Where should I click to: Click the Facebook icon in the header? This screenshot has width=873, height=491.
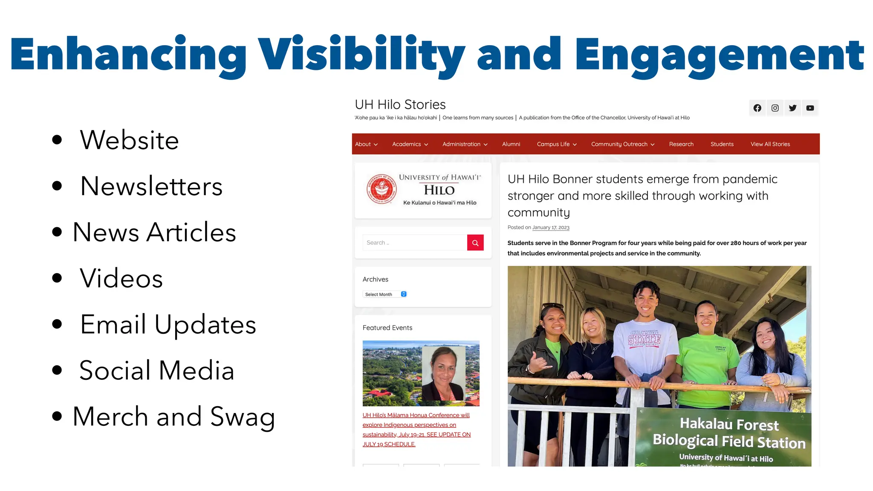(757, 108)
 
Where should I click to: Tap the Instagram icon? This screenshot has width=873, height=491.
(775, 108)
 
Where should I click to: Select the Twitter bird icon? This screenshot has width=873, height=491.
(792, 108)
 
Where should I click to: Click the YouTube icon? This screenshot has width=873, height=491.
(810, 108)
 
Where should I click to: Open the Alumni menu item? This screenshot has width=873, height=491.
(511, 144)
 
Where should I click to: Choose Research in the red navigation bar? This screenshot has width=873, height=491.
(681, 144)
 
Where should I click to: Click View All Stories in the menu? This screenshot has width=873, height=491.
(770, 144)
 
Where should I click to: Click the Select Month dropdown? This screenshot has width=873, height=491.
(385, 294)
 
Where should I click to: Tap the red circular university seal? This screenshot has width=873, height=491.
(381, 189)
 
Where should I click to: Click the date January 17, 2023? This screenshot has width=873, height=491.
(551, 228)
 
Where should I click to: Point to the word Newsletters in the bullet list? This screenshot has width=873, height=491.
(151, 186)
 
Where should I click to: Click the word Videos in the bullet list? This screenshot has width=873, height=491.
(121, 278)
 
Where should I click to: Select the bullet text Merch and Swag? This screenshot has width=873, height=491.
(173, 416)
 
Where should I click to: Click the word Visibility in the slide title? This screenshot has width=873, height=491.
(361, 55)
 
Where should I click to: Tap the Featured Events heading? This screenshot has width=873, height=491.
(387, 328)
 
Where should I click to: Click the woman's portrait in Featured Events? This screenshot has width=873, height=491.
(443, 373)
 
